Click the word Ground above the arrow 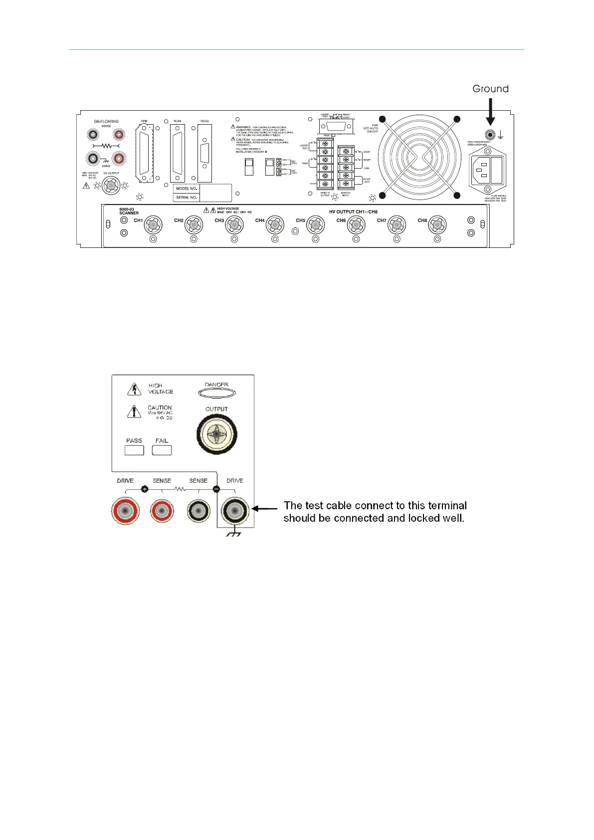point(490,89)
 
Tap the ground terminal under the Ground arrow point(490,135)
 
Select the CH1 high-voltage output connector point(153,225)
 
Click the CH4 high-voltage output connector point(275,225)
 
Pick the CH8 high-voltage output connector point(437,225)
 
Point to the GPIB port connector point(145,153)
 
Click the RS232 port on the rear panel point(204,153)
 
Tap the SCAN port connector point(178,153)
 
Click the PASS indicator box point(134,450)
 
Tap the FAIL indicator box point(162,450)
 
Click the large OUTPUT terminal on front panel point(216,434)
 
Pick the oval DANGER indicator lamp point(216,393)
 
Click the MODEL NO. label point(187,189)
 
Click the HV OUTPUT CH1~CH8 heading point(353,212)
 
